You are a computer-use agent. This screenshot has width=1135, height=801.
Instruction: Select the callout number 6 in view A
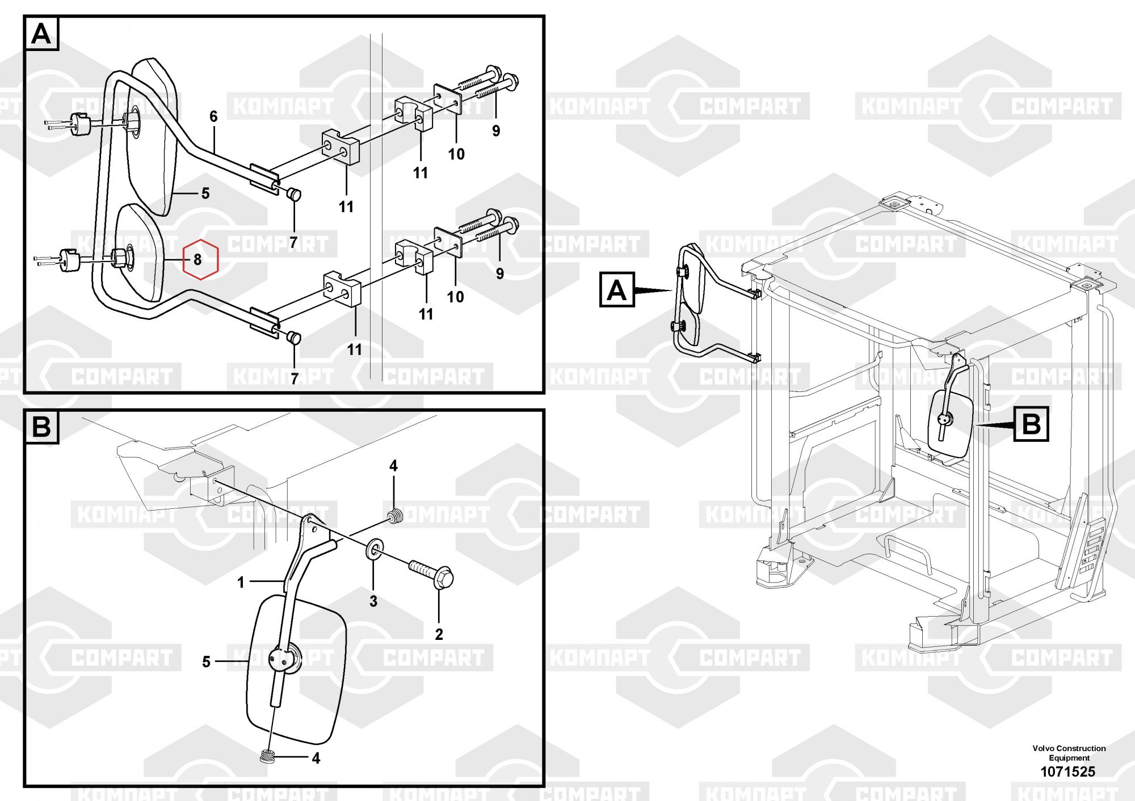coord(213,116)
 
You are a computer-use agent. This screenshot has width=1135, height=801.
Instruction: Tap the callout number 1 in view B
coord(241,583)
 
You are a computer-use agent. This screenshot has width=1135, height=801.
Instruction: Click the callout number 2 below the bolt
coord(439,634)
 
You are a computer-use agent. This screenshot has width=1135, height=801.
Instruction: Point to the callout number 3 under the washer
coord(373,601)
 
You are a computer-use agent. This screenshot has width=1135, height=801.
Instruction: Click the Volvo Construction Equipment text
coord(1069,753)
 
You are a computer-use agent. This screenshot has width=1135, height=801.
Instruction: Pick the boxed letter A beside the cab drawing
coord(617,290)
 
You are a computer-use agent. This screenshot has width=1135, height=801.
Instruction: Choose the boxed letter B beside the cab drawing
coord(1031,424)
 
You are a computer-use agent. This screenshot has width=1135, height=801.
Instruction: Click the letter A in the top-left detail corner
coord(41,34)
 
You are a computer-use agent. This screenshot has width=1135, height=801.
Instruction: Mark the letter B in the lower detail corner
coord(41,427)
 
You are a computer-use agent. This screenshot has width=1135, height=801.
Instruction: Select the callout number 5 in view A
coord(205,193)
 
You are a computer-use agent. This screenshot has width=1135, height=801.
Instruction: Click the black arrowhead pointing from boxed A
coord(653,291)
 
